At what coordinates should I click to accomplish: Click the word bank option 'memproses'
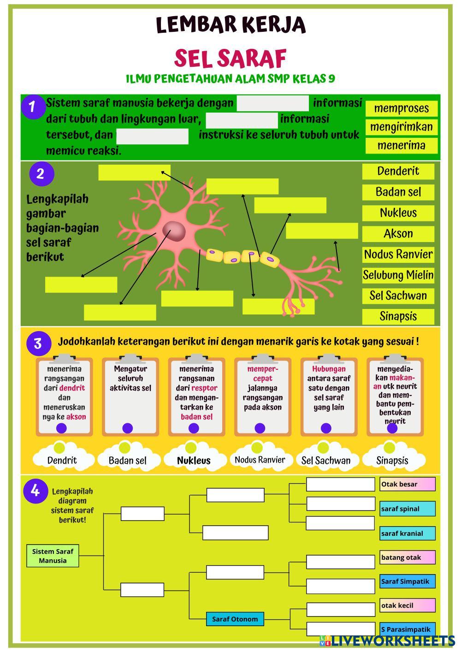pos(401,109)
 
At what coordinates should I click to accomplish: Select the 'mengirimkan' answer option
pos(401,127)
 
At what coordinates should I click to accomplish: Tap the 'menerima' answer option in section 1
pos(401,146)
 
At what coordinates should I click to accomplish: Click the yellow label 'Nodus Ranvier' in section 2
pos(398,254)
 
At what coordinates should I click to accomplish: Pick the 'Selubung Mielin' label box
pos(398,275)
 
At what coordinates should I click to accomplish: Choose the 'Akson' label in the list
pos(398,234)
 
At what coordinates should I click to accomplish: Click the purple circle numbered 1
pos(32,107)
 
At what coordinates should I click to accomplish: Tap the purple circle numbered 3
pos(38,344)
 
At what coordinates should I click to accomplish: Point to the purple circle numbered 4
pos(35,491)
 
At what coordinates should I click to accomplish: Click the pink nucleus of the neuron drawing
pos(174,230)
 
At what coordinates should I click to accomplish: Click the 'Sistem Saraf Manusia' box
pos(53,556)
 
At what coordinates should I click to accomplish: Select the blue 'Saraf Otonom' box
pos(235,619)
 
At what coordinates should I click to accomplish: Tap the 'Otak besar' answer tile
pos(407,484)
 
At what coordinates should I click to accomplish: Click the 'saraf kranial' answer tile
pos(407,533)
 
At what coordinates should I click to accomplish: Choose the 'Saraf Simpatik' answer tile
pos(407,581)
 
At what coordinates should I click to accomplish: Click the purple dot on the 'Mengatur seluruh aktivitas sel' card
pos(128,428)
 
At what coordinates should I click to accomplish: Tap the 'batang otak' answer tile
pos(407,557)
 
